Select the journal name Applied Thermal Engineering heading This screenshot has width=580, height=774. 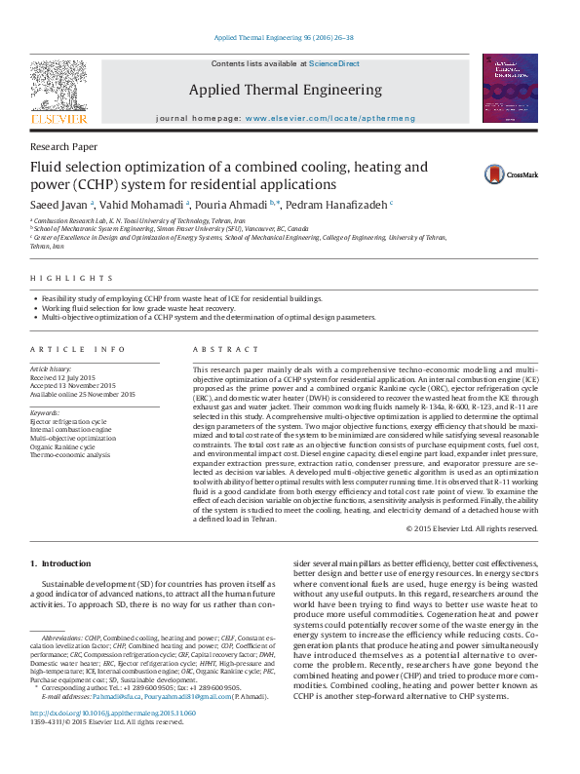[x=286, y=90]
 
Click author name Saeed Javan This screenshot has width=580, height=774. [x=59, y=206]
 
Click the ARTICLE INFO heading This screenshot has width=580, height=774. [x=77, y=349]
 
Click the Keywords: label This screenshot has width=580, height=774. [x=46, y=412]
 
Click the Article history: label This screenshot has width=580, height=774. [x=52, y=370]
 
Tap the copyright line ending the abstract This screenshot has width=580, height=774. [x=472, y=528]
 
